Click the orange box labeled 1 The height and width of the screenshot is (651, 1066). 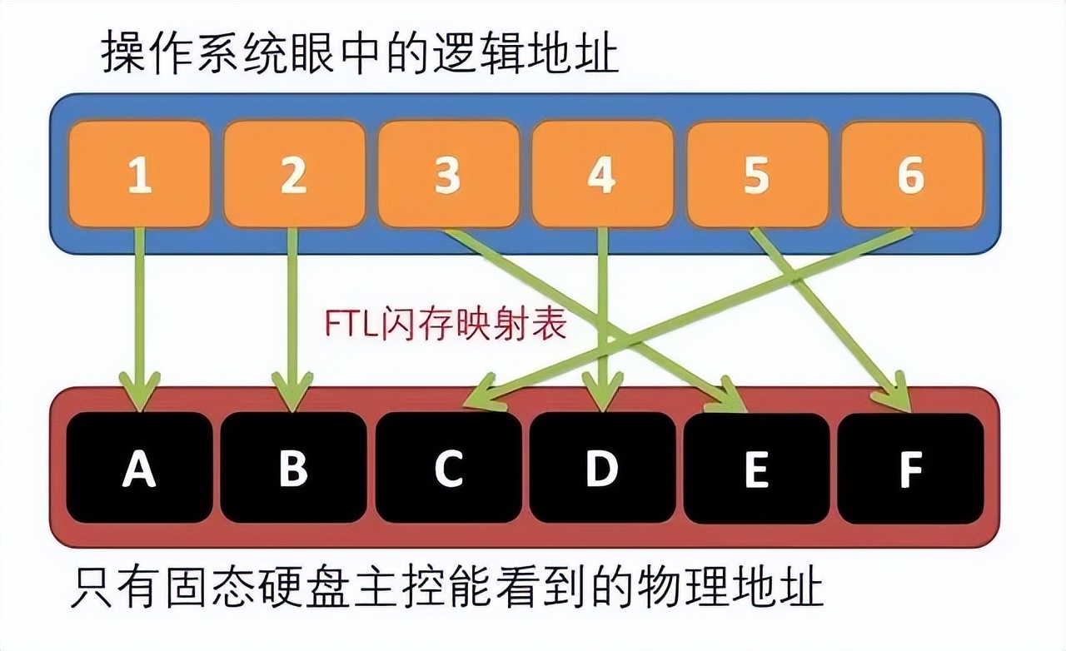pos(139,174)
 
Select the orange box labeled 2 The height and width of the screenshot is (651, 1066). pos(293,174)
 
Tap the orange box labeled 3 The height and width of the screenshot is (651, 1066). pos(448,174)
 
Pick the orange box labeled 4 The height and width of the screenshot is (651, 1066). pos(601,174)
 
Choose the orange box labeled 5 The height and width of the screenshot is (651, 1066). pos(756,174)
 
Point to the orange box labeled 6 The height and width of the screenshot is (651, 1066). pos(911,174)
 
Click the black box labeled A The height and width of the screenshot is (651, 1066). pos(139,468)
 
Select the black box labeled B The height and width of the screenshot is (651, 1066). pos(293,468)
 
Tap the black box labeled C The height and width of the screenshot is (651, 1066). pos(448,468)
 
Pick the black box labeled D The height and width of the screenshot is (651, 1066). pos(601,468)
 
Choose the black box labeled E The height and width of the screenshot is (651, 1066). pos(756,468)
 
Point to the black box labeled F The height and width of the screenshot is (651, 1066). pos(911,468)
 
